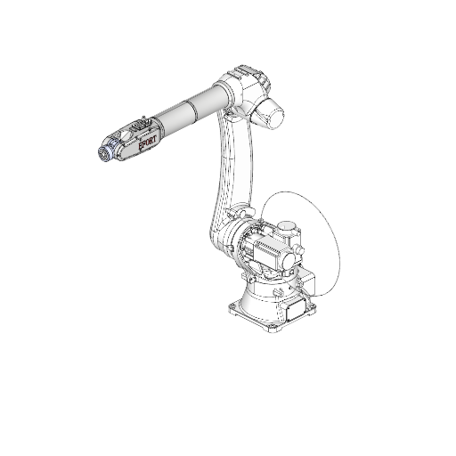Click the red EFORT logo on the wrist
[147, 142]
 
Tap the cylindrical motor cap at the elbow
[270, 113]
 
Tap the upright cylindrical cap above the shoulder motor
[287, 226]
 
